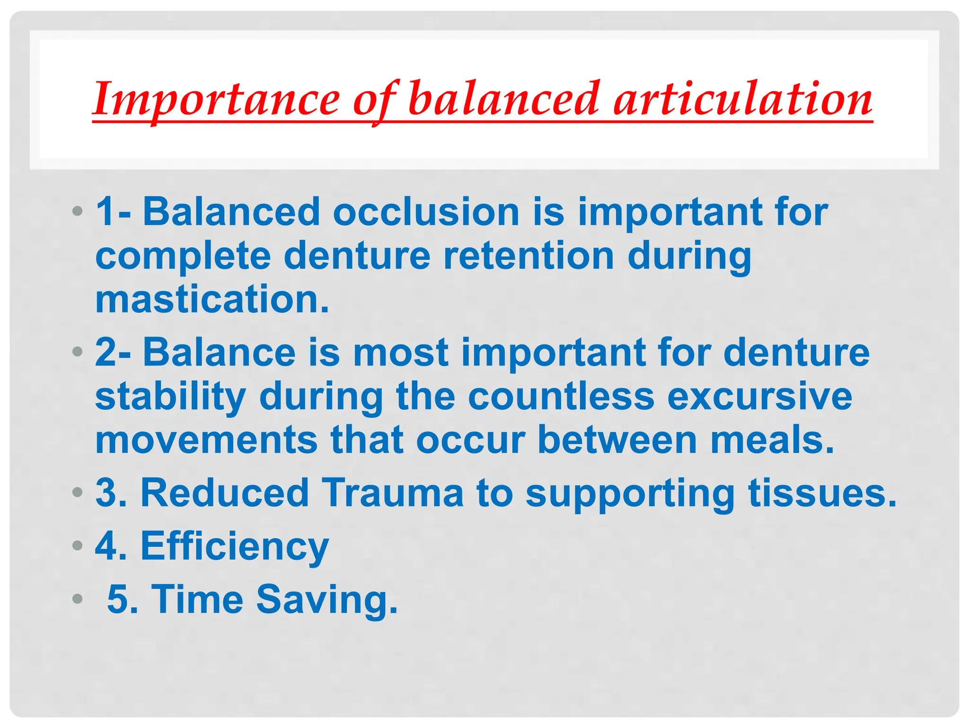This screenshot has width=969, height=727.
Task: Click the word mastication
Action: [x=211, y=299]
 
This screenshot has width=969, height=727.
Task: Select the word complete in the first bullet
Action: [x=183, y=257]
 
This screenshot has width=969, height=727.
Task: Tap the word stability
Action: [x=170, y=397]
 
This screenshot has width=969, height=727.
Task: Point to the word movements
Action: [x=206, y=440]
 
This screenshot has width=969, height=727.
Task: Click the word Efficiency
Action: [x=234, y=546]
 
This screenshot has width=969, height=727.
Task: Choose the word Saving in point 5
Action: [x=326, y=600]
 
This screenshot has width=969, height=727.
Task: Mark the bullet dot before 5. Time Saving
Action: [x=78, y=600]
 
